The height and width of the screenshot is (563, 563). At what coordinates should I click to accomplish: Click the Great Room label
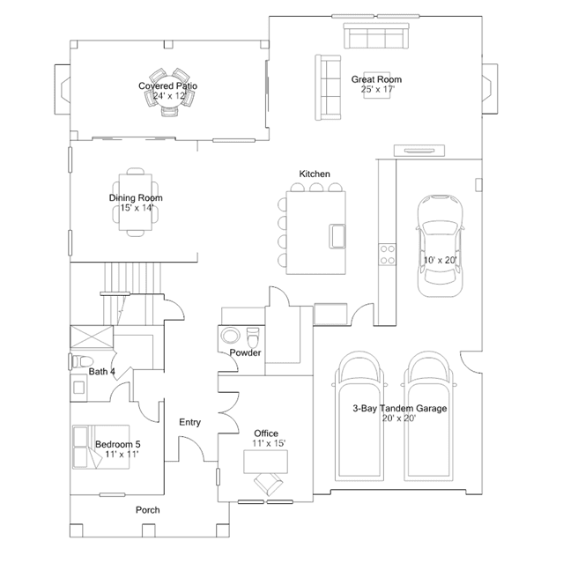pyautogui.click(x=376, y=79)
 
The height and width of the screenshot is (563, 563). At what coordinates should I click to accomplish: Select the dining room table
pyautogui.click(x=136, y=202)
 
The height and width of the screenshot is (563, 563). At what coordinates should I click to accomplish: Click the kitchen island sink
pyautogui.click(x=337, y=236)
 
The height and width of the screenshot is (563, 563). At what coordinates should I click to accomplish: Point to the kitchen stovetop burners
pyautogui.click(x=388, y=255)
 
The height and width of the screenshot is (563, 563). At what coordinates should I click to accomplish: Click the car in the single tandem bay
pyautogui.click(x=440, y=246)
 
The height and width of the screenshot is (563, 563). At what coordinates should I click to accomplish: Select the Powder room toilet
pyautogui.click(x=253, y=337)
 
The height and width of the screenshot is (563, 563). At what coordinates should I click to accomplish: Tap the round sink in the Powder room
pyautogui.click(x=230, y=336)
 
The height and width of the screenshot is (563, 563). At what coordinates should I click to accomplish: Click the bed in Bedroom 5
pyautogui.click(x=101, y=447)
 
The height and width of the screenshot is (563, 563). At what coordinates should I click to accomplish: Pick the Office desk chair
pyautogui.click(x=268, y=484)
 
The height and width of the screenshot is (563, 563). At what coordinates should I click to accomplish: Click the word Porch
pyautogui.click(x=147, y=510)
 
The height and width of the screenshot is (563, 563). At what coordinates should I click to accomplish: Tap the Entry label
pyautogui.click(x=190, y=422)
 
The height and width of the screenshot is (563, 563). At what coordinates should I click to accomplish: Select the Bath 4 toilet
pyautogui.click(x=82, y=361)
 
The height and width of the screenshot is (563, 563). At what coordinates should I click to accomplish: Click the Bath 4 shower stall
pyautogui.click(x=92, y=337)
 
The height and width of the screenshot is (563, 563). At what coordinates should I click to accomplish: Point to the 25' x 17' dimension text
pyautogui.click(x=378, y=89)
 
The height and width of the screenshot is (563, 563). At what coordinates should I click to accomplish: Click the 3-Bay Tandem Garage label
pyautogui.click(x=400, y=408)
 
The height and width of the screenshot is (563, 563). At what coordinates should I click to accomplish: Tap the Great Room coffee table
pyautogui.click(x=376, y=85)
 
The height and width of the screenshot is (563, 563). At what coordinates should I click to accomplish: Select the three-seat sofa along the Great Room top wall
pyautogui.click(x=376, y=36)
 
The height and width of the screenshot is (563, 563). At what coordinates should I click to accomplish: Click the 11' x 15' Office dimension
pyautogui.click(x=269, y=443)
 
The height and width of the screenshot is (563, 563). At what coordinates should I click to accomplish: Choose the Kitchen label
pyautogui.click(x=315, y=174)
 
